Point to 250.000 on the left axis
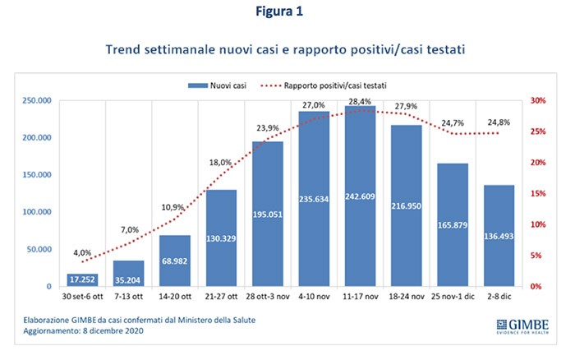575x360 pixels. tap(34, 100)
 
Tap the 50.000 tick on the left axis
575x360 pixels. tap(36, 249)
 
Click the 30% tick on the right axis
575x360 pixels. tap(537, 100)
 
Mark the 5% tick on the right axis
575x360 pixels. tap(535, 256)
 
